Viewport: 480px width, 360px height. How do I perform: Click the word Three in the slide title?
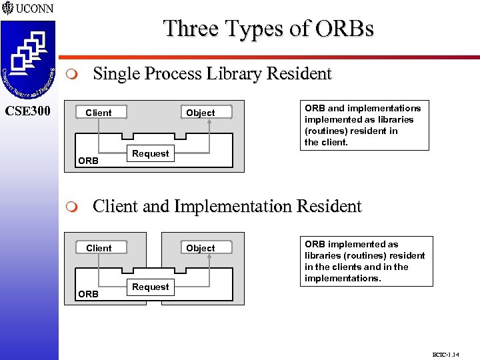tap(189, 29)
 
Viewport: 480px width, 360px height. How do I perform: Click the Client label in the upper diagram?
tap(99, 113)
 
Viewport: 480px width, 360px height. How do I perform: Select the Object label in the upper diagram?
tap(200, 113)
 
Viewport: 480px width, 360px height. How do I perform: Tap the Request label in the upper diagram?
tap(150, 153)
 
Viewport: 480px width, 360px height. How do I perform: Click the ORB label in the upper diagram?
tap(88, 161)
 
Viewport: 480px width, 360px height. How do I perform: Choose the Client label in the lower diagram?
tap(99, 248)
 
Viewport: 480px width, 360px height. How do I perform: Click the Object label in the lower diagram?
tap(200, 248)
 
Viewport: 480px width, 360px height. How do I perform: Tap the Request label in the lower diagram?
tap(150, 287)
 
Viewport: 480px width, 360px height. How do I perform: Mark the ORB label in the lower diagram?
tap(88, 294)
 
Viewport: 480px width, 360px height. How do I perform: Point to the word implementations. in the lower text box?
tap(343, 278)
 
